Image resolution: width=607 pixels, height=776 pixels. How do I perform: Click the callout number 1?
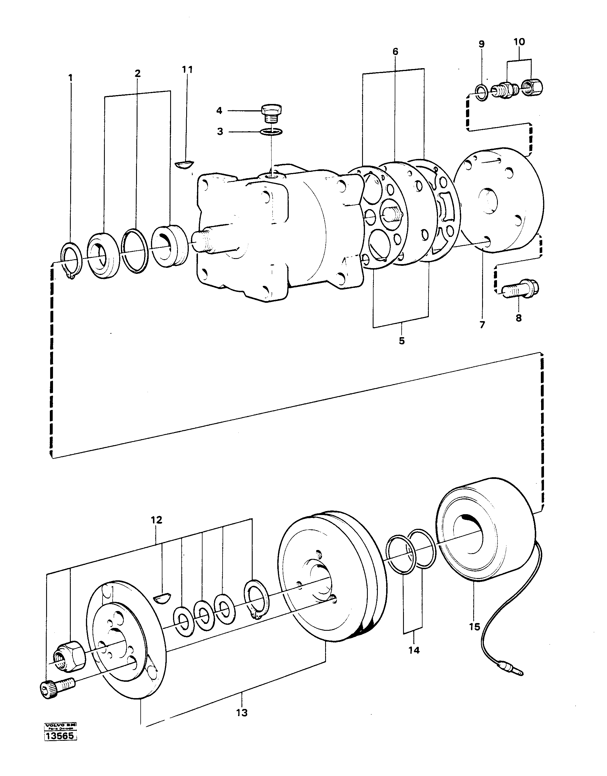coord(70,77)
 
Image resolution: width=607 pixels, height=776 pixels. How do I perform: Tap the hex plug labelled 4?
coord(271,113)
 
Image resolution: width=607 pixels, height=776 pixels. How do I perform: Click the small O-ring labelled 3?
coord(271,132)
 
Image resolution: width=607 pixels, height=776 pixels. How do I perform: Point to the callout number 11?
coord(187,70)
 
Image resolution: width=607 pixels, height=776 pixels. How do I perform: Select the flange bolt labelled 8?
coord(520,288)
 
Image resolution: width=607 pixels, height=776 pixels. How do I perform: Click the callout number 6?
coord(395,52)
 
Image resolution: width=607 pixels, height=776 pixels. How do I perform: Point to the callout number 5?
coord(402,341)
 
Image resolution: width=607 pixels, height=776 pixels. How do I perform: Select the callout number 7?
coord(482,325)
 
